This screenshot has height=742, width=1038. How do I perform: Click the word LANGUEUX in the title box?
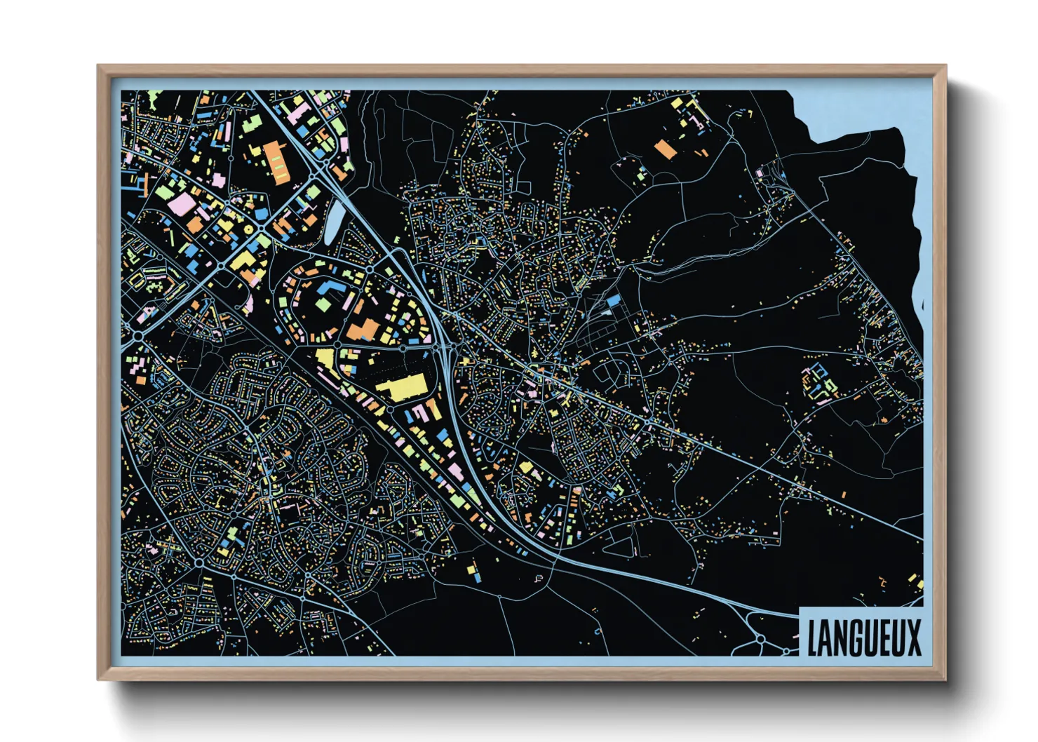(863, 638)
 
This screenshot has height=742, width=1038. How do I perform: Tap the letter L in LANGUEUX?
(814, 638)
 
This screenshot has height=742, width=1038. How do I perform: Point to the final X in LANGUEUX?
(912, 638)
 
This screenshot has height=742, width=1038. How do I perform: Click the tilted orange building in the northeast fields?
(664, 149)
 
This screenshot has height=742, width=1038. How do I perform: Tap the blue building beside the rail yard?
(614, 300)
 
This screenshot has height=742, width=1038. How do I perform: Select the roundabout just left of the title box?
(760, 639)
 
